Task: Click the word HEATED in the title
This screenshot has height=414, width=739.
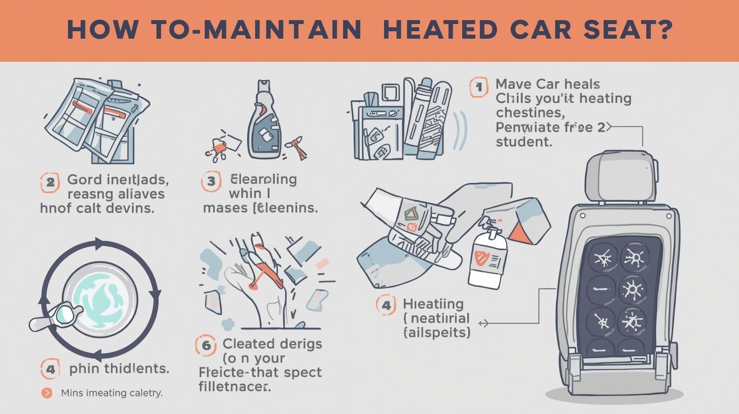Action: coord(440,30)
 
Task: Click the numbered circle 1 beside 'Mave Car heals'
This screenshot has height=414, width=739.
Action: coord(479,87)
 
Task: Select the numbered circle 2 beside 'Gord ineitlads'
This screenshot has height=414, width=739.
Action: coord(50,182)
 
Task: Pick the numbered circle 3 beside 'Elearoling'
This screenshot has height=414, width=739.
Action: coord(211,181)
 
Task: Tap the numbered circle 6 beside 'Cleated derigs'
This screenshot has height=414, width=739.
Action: coord(206,346)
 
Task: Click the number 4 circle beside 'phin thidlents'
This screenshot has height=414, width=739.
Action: coord(50,370)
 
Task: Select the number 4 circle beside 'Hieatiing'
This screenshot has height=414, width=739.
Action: coord(386,305)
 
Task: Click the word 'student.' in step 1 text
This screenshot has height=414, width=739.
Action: coord(524,141)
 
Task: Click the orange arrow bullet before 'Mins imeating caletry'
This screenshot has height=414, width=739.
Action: coord(47,393)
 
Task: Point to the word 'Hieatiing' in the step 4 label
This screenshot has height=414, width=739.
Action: coord(433,304)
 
